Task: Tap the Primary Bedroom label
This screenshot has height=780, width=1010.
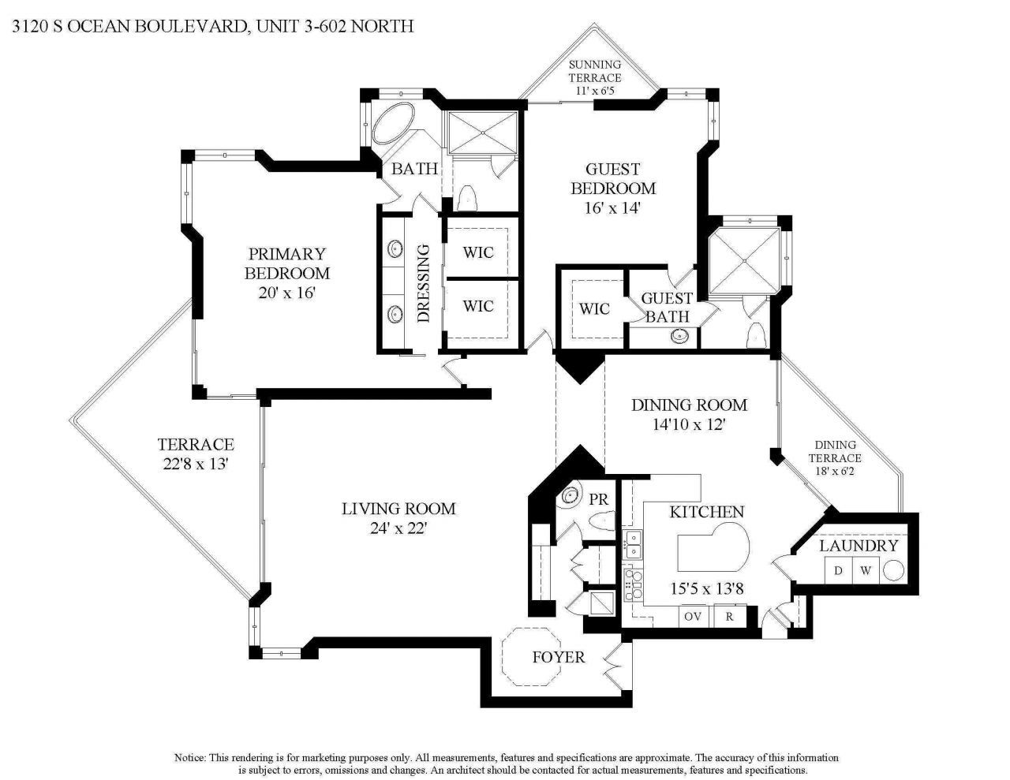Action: point(286,263)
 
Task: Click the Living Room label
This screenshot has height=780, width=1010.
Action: point(398,509)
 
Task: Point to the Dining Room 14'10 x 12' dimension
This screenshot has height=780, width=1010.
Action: point(688,424)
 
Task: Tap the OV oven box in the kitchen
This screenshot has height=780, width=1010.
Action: point(692,616)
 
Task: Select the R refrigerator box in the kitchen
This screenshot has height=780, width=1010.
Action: point(730,616)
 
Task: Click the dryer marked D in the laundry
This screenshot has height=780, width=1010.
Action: point(839,570)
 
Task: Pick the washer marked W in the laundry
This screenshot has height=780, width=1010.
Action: point(866,570)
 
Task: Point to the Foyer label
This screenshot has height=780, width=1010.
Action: point(558,657)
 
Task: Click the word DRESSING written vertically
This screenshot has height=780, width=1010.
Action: point(423,283)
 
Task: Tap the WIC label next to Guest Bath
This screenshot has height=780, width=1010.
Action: point(594,308)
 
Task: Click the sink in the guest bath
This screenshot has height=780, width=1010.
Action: point(679,336)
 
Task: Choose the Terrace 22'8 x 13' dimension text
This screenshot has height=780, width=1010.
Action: point(195,465)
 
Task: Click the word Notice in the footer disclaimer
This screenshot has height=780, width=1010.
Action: point(190,757)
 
